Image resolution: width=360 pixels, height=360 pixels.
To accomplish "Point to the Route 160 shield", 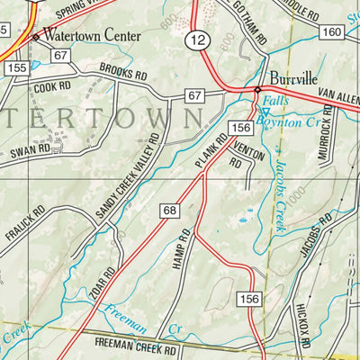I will click(332, 32).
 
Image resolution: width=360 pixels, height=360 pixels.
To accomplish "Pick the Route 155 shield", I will click(14, 67).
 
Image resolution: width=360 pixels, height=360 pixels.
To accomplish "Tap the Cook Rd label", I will click(52, 86).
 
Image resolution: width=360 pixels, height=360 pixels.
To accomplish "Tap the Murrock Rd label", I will click(322, 135).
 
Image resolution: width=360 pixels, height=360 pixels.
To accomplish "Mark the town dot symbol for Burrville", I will click(257, 91).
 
